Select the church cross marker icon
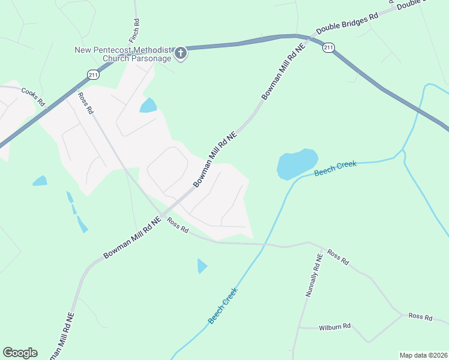pyautogui.click(x=180, y=54)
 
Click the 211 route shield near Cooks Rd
pyautogui.click(x=92, y=74)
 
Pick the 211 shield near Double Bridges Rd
pyautogui.click(x=328, y=47)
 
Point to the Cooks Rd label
pyautogui.click(x=33, y=97)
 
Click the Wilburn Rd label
pyautogui.click(x=334, y=327)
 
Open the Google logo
pyautogui.click(x=20, y=353)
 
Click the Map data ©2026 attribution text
pyautogui.click(x=423, y=355)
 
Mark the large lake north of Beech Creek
pyautogui.click(x=297, y=164)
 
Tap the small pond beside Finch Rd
pyautogui.click(x=148, y=106)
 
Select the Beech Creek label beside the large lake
pyautogui.click(x=335, y=169)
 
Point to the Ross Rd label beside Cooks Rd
pyautogui.click(x=86, y=103)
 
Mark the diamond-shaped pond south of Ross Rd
pyautogui.click(x=202, y=265)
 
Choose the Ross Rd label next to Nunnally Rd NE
pyautogui.click(x=337, y=257)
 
